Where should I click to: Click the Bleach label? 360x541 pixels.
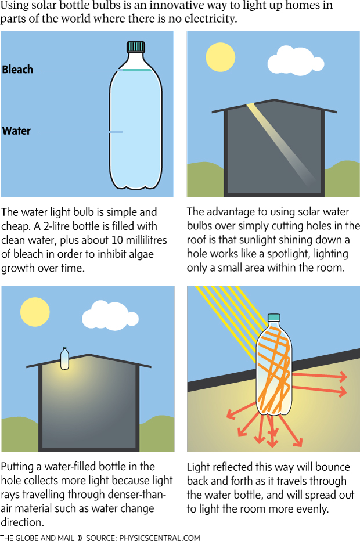pos(17,69)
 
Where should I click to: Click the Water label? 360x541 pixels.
pos(16,131)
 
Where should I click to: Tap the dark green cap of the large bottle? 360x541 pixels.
pos(136,46)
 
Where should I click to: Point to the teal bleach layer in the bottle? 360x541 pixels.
pos(136,70)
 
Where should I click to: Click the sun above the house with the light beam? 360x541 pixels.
pos(221,57)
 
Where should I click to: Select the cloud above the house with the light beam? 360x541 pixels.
pos(296,61)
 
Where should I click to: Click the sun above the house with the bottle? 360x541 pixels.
pos(35,312)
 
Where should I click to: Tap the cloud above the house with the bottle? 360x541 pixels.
pos(110,315)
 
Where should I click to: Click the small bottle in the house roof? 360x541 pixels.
pos(64,359)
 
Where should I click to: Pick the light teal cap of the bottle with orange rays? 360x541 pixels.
pos(273,318)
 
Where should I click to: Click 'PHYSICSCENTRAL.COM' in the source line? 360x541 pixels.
pos(160,537)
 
